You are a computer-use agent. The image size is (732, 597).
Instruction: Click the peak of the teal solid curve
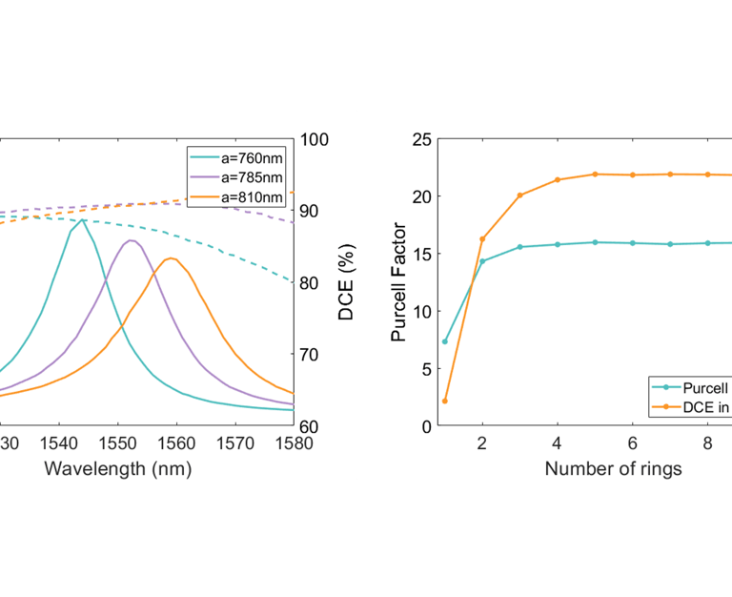pyautogui.click(x=82, y=219)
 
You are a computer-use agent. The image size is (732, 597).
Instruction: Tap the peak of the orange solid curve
pyautogui.click(x=171, y=257)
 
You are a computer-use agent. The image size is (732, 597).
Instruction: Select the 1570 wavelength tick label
pyautogui.click(x=234, y=444)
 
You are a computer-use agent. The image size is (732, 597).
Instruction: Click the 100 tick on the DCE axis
pyautogui.click(x=316, y=139)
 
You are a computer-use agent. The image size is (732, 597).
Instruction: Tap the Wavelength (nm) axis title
pyautogui.click(x=118, y=468)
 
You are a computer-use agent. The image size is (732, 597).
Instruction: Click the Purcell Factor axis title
pyautogui.click(x=400, y=282)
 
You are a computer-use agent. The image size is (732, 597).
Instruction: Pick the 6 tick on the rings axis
pyautogui.click(x=632, y=444)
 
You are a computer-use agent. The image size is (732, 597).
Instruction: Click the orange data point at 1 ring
pyautogui.click(x=445, y=401)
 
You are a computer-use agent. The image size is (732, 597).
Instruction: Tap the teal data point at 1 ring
pyautogui.click(x=445, y=341)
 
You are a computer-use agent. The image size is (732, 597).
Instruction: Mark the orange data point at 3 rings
pyautogui.click(x=519, y=196)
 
